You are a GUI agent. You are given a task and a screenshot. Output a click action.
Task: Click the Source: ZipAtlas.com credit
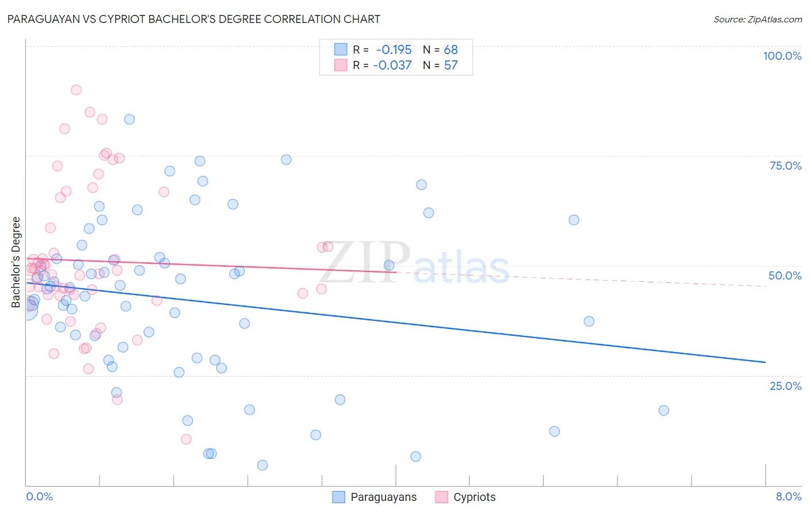757,20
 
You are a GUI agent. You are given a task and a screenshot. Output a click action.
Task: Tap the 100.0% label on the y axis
782,56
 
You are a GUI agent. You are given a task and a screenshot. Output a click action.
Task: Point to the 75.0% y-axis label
785,166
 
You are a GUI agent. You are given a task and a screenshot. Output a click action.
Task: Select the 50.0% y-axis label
785,275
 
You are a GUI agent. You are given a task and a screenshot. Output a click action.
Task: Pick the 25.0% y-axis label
785,386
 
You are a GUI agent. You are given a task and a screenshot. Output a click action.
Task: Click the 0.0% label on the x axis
39,496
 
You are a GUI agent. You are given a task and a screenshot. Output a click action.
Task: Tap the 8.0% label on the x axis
788,496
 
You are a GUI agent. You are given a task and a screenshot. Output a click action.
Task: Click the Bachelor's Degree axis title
16,262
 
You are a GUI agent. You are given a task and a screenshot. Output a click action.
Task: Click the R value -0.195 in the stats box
394,50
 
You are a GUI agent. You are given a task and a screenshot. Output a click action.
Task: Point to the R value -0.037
392,66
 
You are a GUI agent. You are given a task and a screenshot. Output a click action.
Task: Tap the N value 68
451,50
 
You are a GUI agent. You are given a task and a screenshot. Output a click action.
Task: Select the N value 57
451,66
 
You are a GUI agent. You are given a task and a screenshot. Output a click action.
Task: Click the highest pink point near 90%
76,90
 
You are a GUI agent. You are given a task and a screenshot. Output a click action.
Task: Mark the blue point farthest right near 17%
663,411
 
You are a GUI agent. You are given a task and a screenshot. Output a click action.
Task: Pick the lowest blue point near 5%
262,465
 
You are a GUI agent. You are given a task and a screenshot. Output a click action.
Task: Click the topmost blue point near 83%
129,120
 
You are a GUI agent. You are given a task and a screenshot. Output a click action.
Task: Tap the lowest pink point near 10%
186,439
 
